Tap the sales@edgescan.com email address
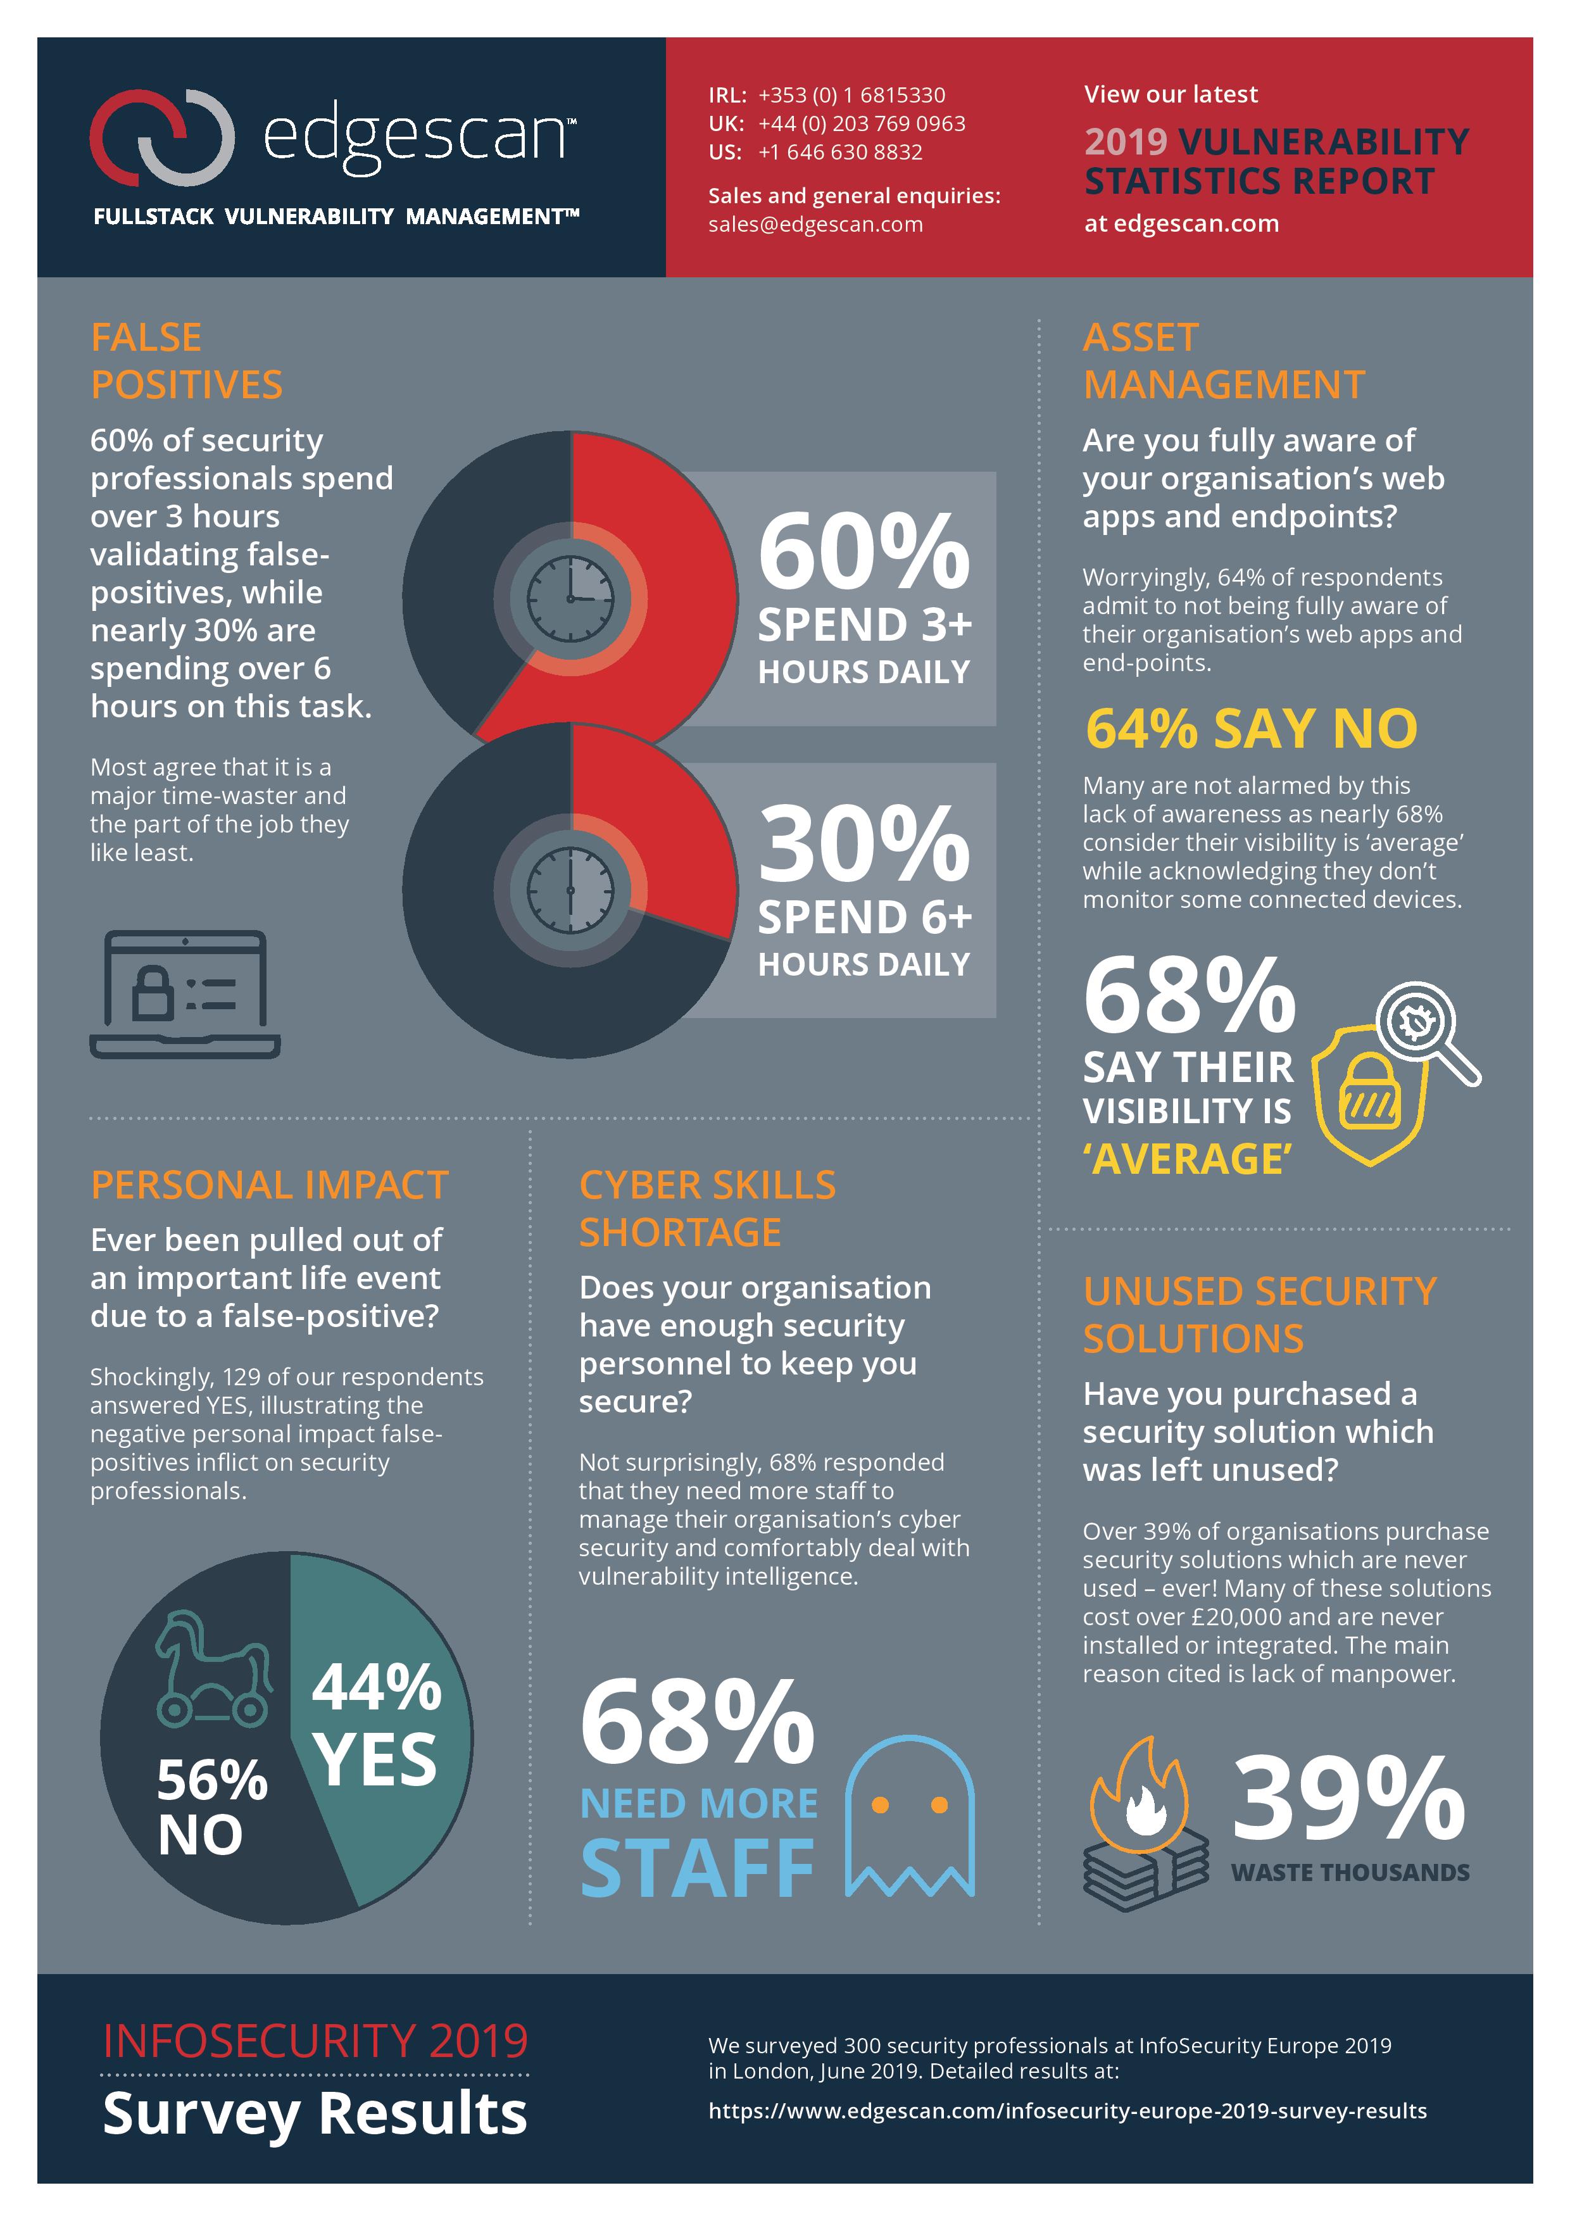(815, 224)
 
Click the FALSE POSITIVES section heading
(187, 361)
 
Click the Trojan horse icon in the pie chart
(213, 1669)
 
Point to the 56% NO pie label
(212, 1807)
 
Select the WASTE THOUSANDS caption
(1350, 1873)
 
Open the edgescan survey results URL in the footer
(1067, 2111)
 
